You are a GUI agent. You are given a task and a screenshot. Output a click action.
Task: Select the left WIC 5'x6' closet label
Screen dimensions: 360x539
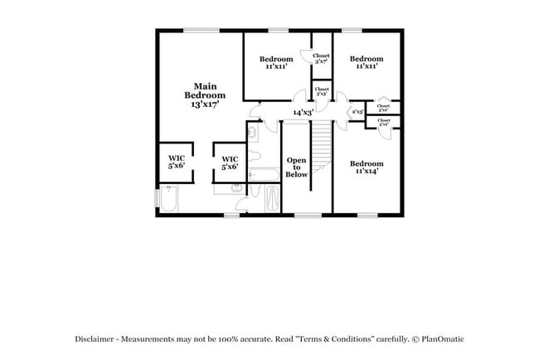tap(177, 162)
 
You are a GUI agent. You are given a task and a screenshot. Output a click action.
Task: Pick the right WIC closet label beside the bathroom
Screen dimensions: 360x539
tap(230, 163)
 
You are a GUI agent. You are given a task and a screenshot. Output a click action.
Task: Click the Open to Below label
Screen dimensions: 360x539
tap(297, 167)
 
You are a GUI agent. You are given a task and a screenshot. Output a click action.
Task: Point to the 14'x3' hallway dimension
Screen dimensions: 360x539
tap(303, 113)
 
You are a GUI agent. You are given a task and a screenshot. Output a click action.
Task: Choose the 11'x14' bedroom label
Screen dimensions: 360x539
tap(366, 168)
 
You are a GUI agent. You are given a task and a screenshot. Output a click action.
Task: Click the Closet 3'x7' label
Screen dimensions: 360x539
tap(321, 58)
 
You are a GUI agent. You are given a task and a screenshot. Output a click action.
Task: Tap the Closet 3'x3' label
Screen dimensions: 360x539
tap(321, 91)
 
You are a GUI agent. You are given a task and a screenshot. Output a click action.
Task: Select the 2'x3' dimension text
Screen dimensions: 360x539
tap(358, 111)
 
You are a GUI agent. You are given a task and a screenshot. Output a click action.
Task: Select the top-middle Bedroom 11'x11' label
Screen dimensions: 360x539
tap(276, 62)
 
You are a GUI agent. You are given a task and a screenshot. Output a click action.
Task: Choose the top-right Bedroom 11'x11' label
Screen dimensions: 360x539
tap(366, 62)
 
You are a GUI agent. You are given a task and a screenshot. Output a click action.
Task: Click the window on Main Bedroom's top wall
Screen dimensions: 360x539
tap(201, 31)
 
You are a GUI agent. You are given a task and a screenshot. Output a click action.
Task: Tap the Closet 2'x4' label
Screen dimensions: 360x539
tap(383, 108)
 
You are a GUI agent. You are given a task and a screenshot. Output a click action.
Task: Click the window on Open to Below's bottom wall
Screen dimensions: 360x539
tap(308, 216)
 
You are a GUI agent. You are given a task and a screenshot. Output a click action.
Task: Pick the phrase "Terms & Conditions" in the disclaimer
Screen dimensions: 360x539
tap(338, 339)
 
